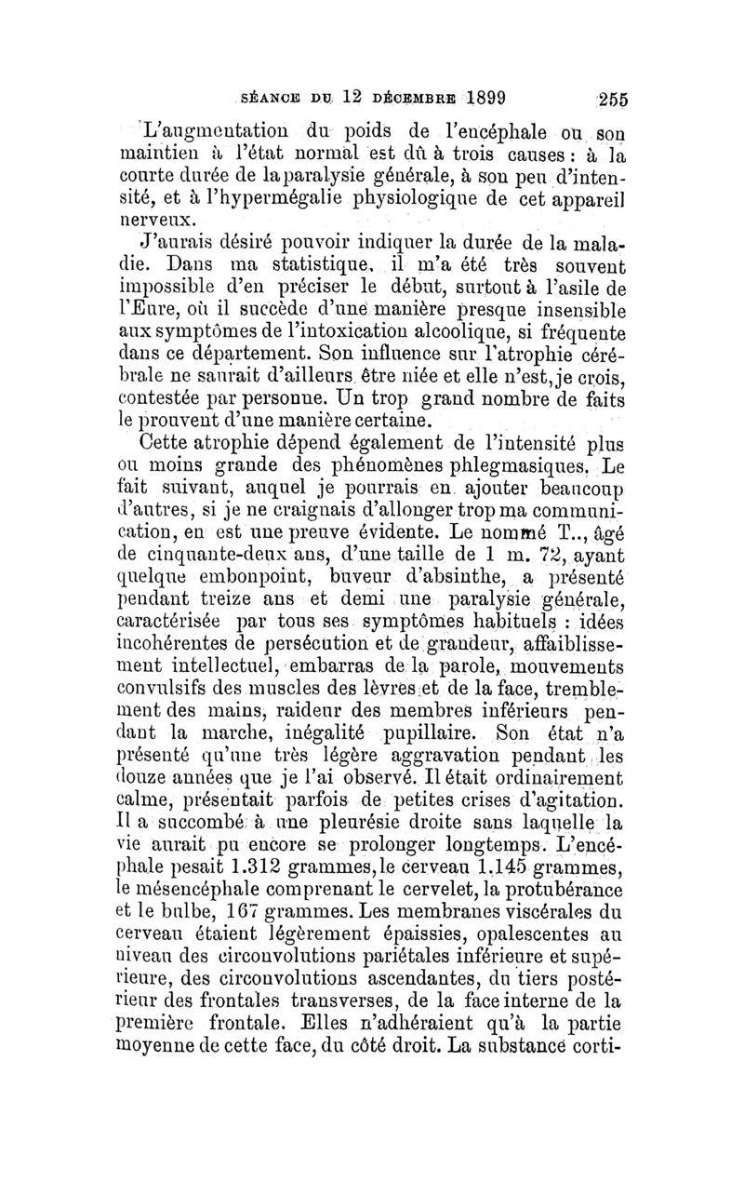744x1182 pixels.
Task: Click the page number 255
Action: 615,99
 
